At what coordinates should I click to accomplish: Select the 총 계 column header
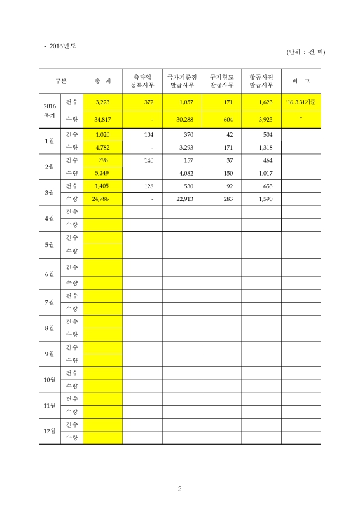102,81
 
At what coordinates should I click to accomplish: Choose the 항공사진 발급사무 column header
261,81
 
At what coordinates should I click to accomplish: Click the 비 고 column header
300,81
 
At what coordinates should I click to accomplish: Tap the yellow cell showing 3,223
104,102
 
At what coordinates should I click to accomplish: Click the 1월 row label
50,141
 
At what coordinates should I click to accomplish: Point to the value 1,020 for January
103,134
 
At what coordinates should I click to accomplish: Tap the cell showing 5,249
103,173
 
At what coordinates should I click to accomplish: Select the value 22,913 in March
184,199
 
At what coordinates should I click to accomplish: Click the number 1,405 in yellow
103,186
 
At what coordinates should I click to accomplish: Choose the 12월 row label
50,431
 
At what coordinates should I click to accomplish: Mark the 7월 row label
50,302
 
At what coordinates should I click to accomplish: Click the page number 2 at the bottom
180,489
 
